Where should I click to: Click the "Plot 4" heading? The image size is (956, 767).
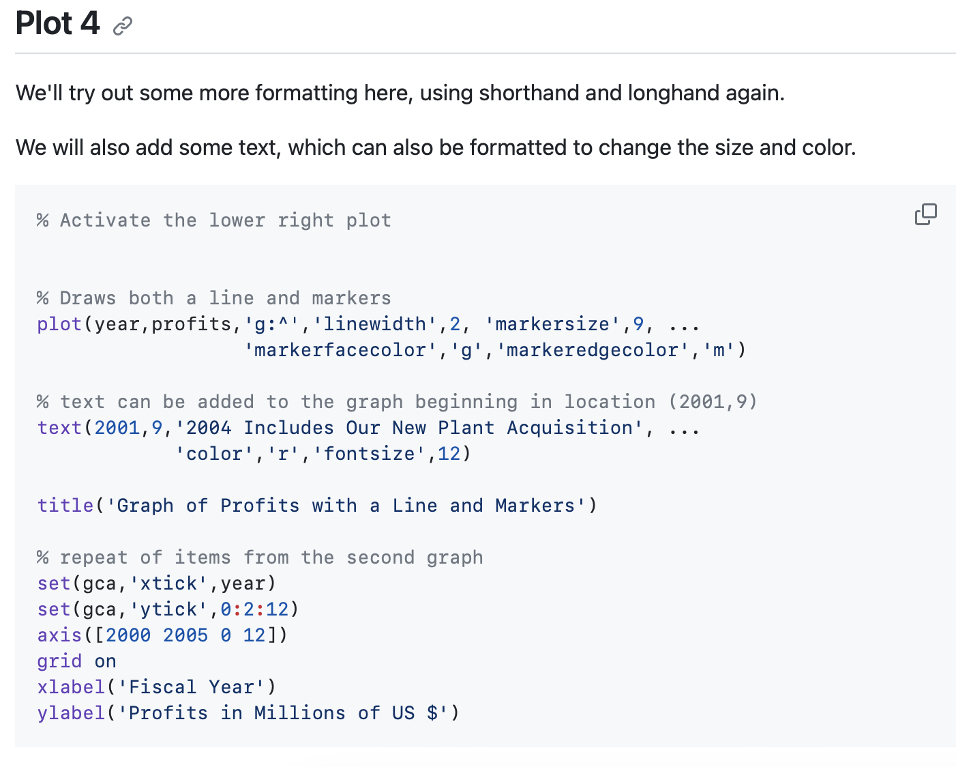57,23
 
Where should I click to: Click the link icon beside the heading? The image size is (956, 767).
123,26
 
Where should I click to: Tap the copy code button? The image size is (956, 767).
926,214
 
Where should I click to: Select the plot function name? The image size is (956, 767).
59,324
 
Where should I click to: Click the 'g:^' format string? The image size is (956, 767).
271,324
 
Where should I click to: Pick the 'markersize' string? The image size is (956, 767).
552,324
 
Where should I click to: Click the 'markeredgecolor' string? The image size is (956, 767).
593,350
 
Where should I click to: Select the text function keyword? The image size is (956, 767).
59,428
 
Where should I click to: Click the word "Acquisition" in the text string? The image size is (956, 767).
569,428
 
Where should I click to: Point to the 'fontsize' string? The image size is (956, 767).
369,454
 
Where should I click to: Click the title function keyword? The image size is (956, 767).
65,506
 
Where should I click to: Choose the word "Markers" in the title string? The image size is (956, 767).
535,506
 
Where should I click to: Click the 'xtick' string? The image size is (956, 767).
168,583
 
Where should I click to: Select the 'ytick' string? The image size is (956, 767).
168,609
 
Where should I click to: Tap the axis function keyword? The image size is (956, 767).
59,635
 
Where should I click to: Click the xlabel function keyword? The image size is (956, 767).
71,687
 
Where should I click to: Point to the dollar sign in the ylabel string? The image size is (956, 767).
432,713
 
